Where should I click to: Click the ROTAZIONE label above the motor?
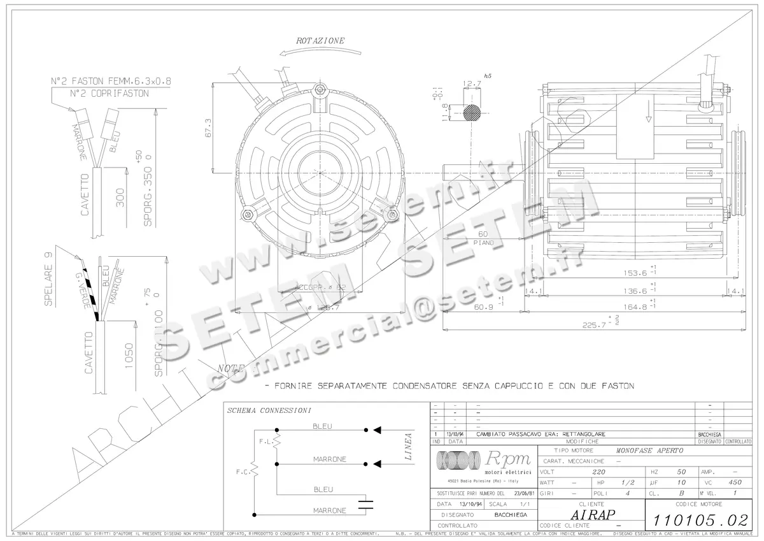click(320, 41)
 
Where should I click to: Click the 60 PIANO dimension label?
click(483, 238)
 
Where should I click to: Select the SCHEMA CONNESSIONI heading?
click(269, 411)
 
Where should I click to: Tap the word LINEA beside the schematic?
click(408, 445)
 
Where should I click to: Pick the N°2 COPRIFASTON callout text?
click(110, 93)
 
